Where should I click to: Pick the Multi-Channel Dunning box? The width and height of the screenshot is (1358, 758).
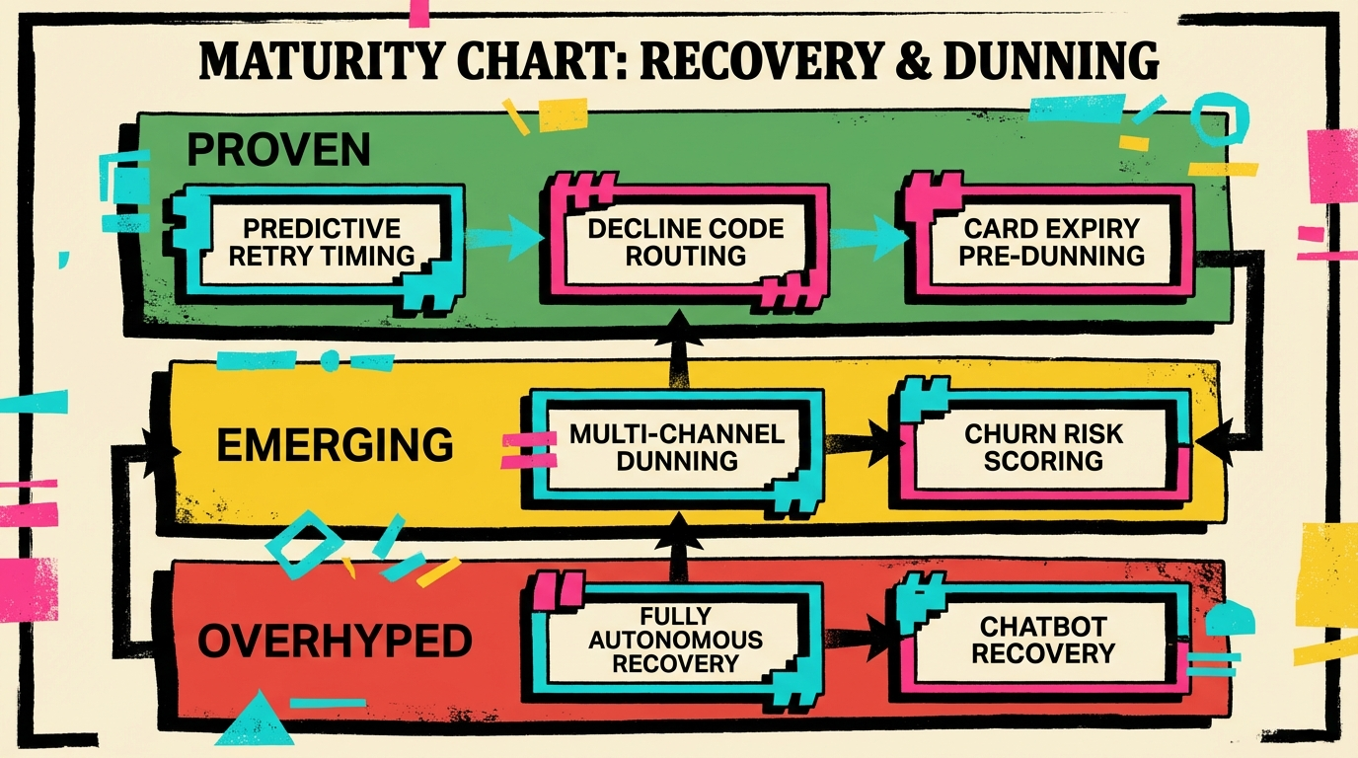tap(676, 447)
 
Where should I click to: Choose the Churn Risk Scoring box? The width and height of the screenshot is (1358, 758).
tap(1043, 447)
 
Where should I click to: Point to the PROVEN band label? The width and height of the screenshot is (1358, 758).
tap(279, 150)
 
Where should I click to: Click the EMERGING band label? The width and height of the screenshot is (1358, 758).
tap(335, 446)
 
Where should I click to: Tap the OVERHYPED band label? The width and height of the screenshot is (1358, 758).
tap(335, 643)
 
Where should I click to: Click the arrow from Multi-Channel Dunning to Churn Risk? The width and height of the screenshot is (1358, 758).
tap(861, 446)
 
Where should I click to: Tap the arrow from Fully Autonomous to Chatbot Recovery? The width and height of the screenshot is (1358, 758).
tap(858, 641)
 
